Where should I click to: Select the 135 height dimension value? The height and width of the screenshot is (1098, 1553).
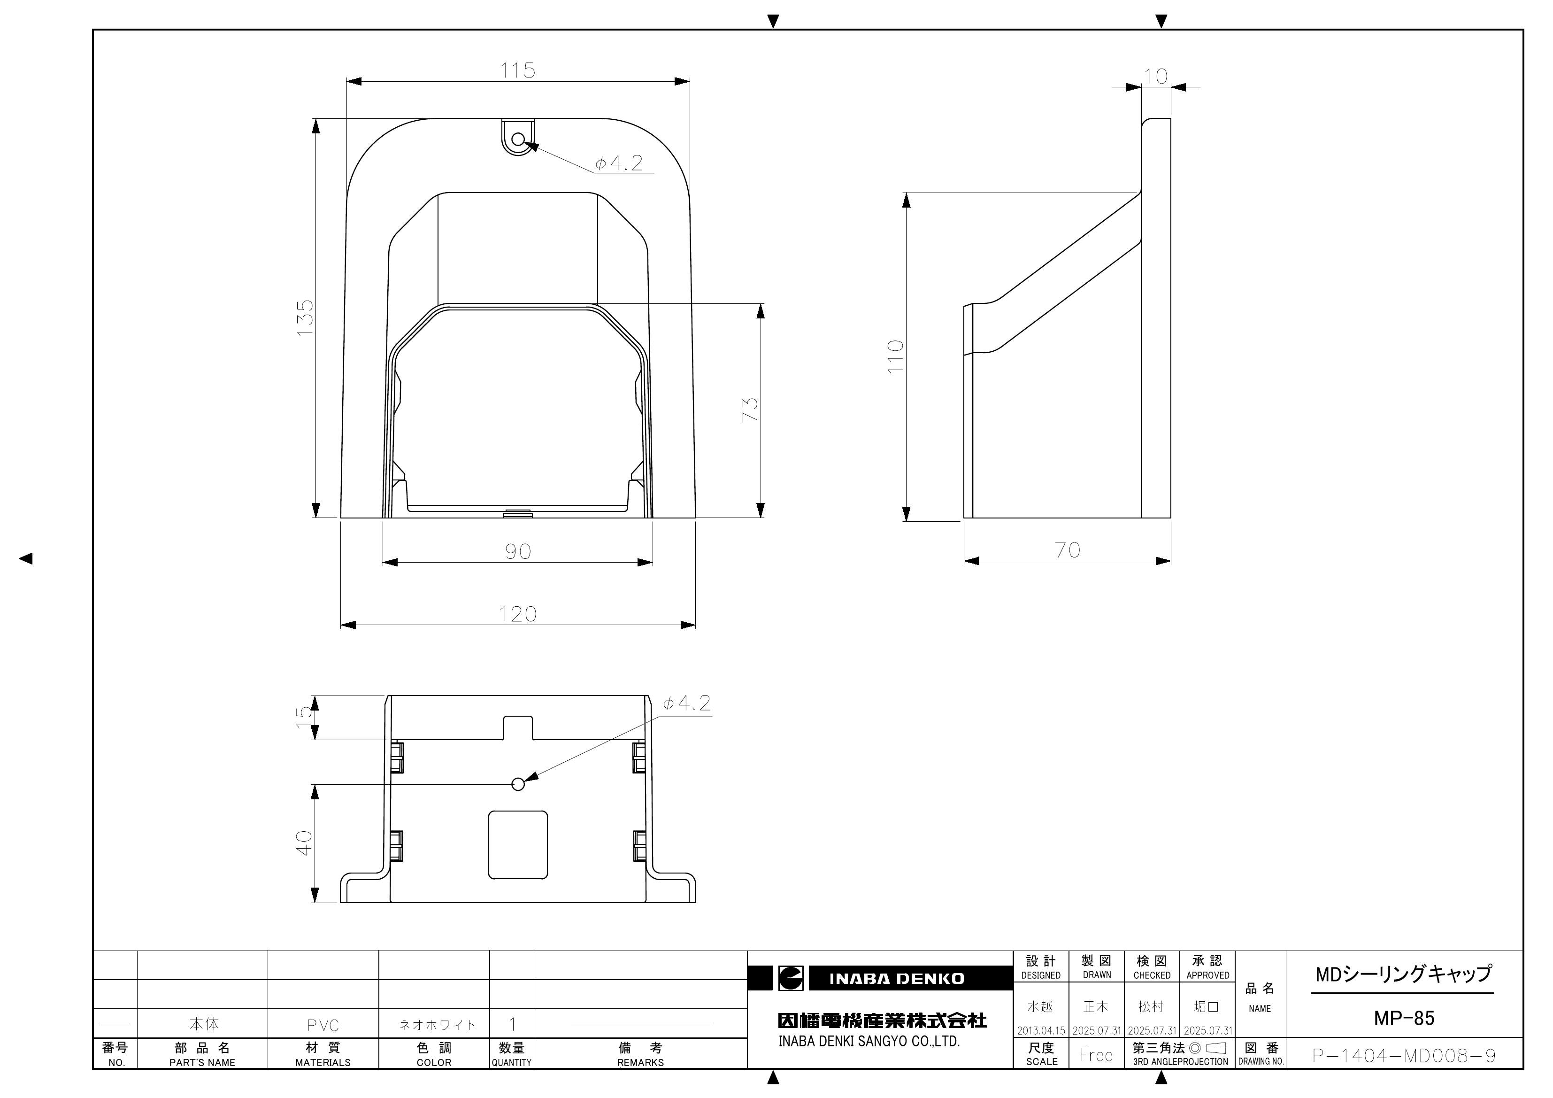coord(305,317)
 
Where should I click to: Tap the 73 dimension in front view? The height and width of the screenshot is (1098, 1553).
coord(749,410)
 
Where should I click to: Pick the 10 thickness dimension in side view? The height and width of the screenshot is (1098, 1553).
coord(1156,77)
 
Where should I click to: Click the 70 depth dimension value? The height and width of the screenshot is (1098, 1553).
coord(1068,550)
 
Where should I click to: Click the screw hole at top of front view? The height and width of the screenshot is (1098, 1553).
coord(518,139)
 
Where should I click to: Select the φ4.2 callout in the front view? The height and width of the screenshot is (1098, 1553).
coord(618,163)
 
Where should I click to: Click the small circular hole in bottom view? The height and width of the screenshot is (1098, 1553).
coord(518,784)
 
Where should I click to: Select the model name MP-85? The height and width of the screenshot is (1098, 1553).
coord(1404,1018)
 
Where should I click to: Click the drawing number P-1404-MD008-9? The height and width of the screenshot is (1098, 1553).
coord(1404,1055)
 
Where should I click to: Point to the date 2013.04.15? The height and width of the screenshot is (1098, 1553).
coord(1041,1031)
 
